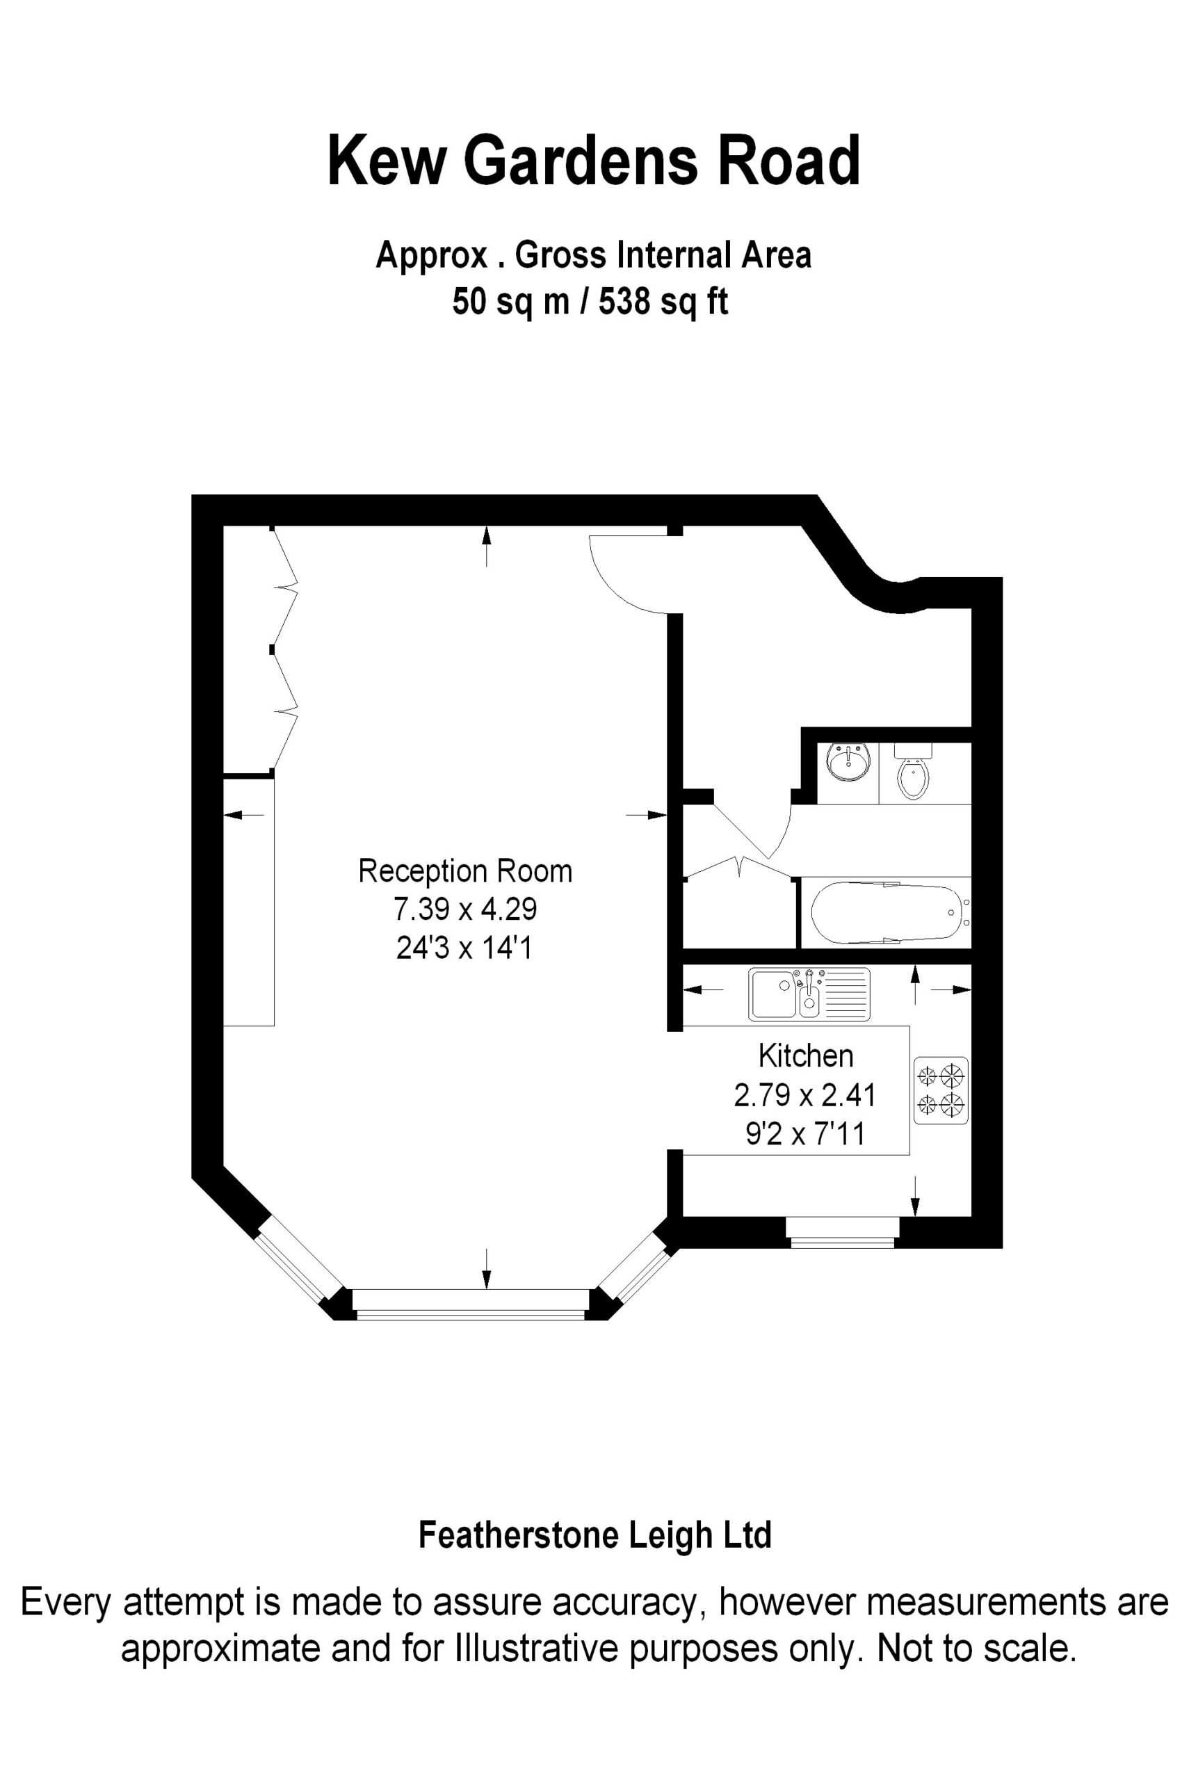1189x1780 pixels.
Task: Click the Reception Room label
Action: click(465, 872)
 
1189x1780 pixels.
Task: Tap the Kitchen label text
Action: click(806, 1056)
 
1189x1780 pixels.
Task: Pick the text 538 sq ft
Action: click(664, 302)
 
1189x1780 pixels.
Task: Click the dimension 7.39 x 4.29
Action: click(465, 909)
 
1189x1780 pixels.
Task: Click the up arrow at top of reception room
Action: click(486, 546)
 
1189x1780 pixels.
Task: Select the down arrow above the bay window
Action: click(486, 1268)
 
